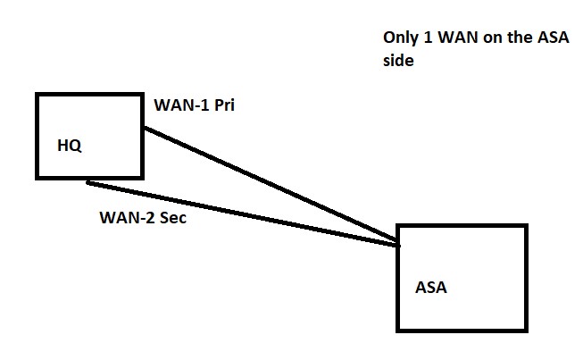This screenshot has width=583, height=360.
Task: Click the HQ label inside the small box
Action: coord(70,146)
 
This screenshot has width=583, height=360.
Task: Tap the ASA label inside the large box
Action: coord(430,288)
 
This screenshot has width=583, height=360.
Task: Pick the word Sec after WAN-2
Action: coord(171,218)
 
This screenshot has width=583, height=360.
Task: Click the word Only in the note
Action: coord(399,39)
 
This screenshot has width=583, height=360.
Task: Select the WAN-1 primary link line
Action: coord(268,185)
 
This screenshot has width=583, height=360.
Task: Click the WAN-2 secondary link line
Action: coord(241,213)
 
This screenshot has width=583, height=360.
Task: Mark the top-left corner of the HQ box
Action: coord(37,92)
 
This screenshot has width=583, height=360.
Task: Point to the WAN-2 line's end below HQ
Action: coord(87,183)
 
